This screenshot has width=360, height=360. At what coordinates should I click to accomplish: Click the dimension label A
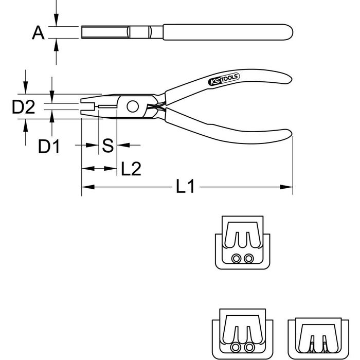tap(38, 32)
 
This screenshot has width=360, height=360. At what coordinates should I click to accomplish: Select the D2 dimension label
tap(24, 107)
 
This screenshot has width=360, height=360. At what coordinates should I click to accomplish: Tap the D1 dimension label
tap(49, 146)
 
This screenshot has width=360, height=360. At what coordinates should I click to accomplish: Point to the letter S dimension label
tap(107, 146)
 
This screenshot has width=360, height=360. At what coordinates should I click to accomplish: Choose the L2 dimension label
tap(131, 169)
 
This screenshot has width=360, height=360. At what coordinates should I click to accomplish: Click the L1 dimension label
tap(185, 186)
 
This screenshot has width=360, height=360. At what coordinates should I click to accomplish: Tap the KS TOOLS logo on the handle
tap(224, 79)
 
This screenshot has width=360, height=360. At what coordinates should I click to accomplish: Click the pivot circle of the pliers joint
tap(133, 106)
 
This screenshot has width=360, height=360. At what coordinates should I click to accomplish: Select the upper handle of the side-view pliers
tap(228, 84)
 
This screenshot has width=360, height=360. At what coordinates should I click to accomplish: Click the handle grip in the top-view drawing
tap(228, 32)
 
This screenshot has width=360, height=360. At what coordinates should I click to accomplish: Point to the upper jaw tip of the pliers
tap(81, 101)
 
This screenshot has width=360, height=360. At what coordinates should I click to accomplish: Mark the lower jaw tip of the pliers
tap(81, 112)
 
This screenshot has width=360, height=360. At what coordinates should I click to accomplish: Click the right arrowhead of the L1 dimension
tap(286, 187)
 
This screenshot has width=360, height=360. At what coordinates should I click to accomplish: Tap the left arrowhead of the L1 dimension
tap(88, 187)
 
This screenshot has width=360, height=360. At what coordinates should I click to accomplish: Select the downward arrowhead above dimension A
tap(56, 20)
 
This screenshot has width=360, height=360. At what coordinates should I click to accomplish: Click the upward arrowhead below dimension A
tap(56, 45)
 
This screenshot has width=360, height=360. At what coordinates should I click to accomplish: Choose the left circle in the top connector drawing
tap(236, 259)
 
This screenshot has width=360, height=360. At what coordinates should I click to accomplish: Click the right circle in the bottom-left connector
tap(249, 347)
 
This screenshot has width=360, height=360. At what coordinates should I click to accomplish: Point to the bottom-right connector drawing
tap(318, 338)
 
